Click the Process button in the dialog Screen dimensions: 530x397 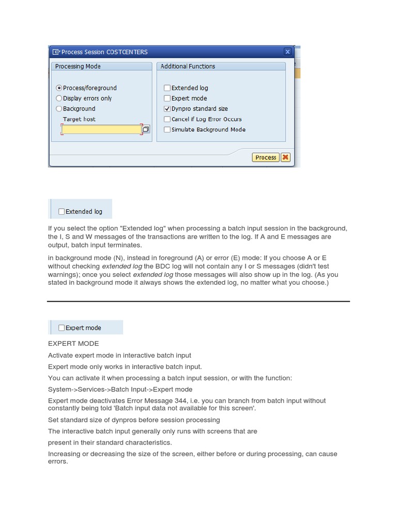pyautogui.click(x=266, y=157)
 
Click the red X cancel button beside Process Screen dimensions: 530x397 pyautogui.click(x=285, y=157)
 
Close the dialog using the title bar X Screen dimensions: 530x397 pyautogui.click(x=287, y=52)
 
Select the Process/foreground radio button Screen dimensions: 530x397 pyautogui.click(x=59, y=88)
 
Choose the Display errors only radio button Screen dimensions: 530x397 pyautogui.click(x=59, y=98)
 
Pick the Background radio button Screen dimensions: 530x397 pyautogui.click(x=59, y=109)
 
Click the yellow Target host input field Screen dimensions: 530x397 pyautogui.click(x=101, y=129)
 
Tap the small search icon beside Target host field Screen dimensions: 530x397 pyautogui.click(x=146, y=129)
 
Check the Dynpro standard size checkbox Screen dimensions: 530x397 pyautogui.click(x=167, y=109)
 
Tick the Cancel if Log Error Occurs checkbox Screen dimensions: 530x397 pyautogui.click(x=167, y=119)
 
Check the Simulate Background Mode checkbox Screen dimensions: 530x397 pyautogui.click(x=167, y=129)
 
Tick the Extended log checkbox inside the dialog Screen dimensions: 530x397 pyautogui.click(x=167, y=88)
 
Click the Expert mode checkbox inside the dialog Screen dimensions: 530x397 pyautogui.click(x=167, y=98)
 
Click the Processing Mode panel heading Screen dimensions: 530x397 pyautogui.click(x=78, y=66)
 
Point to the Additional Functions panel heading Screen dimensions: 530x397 pyautogui.click(x=188, y=66)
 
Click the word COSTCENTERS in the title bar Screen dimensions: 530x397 pyautogui.click(x=127, y=52)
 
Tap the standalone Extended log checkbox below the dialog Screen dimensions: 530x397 pyautogui.click(x=62, y=211)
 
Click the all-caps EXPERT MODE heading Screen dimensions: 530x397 pyautogui.click(x=73, y=343)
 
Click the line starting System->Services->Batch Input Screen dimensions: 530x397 pyautogui.click(x=120, y=389)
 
